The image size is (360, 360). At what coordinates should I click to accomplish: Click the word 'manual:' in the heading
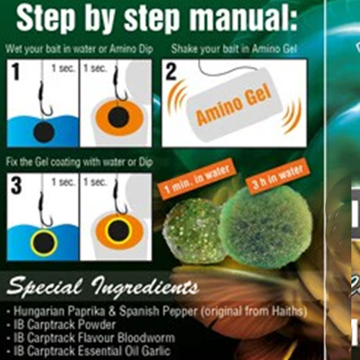244,18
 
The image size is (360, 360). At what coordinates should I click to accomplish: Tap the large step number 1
16,71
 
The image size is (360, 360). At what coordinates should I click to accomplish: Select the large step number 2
171,71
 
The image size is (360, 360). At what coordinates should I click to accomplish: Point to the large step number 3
17,185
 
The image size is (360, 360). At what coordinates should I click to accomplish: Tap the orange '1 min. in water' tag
197,179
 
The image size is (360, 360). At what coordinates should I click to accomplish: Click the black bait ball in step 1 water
43,132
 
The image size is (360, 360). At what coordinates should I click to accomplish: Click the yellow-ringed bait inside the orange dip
119,231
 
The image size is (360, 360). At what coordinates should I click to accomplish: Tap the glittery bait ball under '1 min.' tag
193,232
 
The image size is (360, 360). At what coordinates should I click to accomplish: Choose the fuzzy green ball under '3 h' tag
266,228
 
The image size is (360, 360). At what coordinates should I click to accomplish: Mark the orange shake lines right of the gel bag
292,116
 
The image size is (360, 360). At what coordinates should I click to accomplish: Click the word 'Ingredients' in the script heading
145,287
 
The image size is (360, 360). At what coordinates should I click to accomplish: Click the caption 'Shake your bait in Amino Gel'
234,49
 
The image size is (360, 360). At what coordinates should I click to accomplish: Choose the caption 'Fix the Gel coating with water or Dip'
79,162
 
